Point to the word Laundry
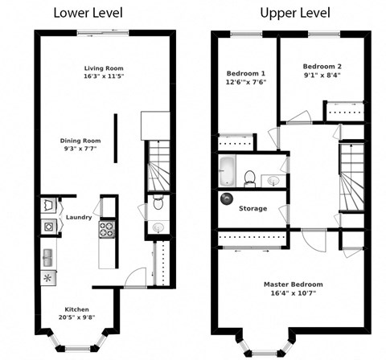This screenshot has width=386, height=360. coord(79,217)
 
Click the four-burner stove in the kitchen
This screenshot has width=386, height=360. coord(105,230)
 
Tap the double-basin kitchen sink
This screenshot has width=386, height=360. coord(48,258)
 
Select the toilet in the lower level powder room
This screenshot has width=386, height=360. coord(157,199)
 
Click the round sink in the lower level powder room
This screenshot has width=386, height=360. coord(158,227)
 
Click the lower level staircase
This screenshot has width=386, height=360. coord(156,165)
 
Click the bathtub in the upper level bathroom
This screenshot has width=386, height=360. coord(227,171)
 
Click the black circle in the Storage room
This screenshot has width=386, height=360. coord(226,198)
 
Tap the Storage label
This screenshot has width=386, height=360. coord(253,208)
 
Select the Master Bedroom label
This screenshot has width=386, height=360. coord(293,284)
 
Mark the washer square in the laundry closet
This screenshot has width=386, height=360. coord(48,227)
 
